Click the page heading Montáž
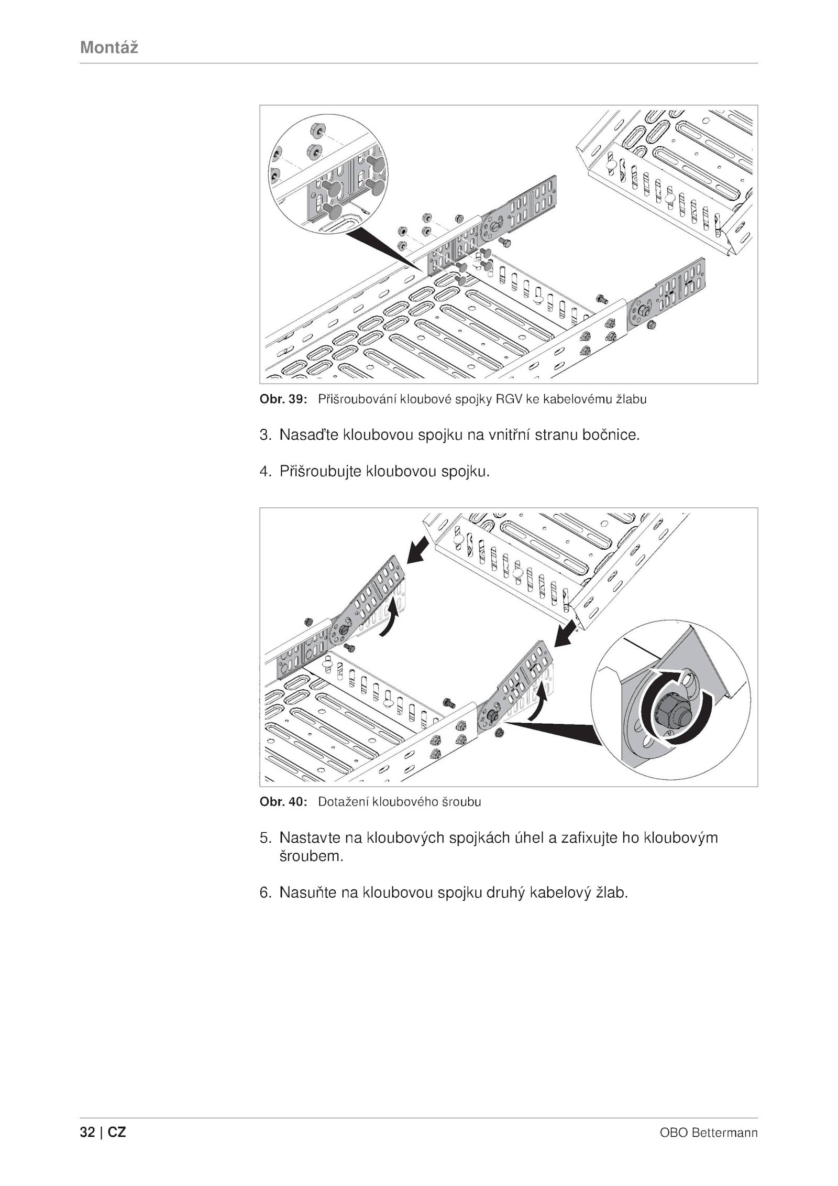coord(109,48)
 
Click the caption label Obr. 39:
coord(283,399)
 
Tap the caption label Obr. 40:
coord(283,802)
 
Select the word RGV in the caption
coord(508,399)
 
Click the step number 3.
coord(264,435)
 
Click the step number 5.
coord(264,837)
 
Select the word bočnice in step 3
coord(610,435)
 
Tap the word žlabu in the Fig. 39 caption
coord(631,399)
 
